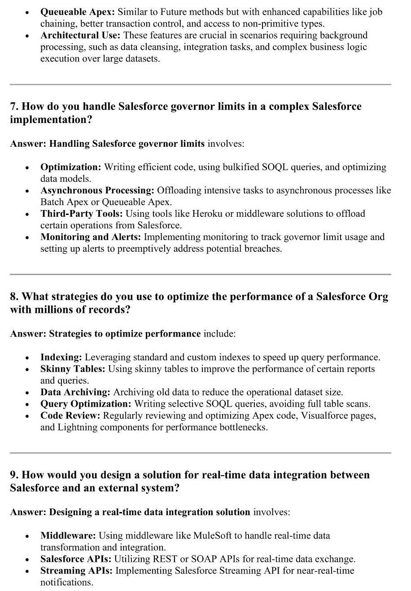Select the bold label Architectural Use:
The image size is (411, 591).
click(x=80, y=35)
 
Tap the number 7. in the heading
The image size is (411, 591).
click(x=14, y=106)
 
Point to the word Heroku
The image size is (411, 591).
click(x=205, y=214)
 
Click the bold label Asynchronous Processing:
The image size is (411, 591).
click(x=97, y=190)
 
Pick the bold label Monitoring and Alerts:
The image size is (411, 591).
click(x=91, y=237)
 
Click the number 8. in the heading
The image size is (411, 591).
click(x=14, y=297)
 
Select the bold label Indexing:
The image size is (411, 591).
click(x=61, y=357)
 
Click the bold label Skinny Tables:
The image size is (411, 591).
click(x=73, y=369)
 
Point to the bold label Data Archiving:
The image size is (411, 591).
click(x=75, y=392)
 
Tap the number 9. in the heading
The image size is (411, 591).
click(x=14, y=475)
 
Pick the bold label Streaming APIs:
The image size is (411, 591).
click(x=77, y=571)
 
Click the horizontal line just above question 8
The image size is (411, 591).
click(x=200, y=274)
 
